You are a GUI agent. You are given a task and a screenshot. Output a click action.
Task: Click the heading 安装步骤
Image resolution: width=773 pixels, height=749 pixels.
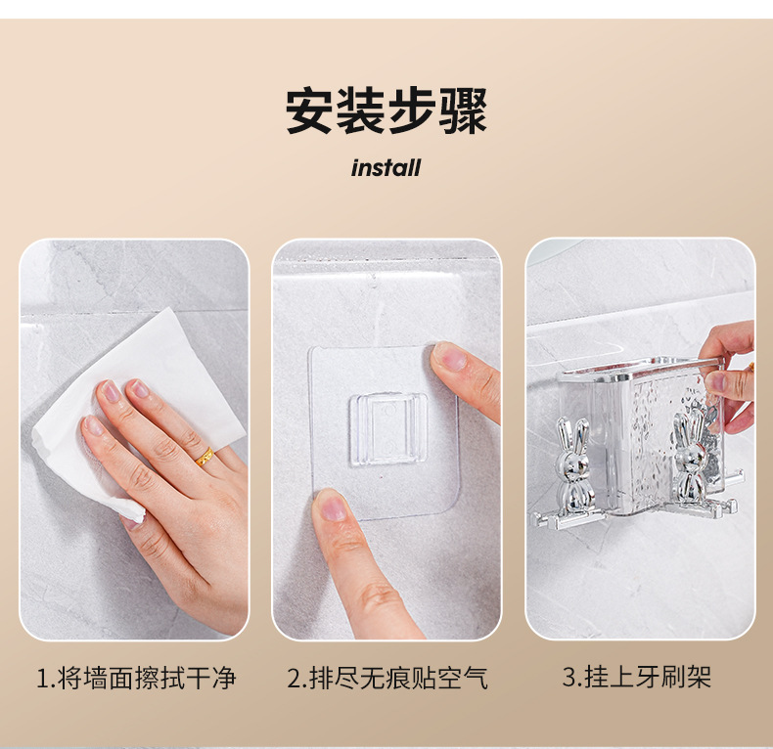click(x=386, y=110)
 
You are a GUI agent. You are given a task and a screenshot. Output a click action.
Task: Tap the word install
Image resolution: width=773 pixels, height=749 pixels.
click(x=386, y=168)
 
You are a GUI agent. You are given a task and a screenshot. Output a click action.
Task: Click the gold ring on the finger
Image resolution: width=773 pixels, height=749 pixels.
click(x=205, y=457)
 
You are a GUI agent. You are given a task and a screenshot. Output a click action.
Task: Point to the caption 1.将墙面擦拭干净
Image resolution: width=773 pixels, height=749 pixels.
click(x=137, y=678)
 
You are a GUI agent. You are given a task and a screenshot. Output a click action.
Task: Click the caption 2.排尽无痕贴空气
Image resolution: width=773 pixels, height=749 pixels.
click(x=387, y=678)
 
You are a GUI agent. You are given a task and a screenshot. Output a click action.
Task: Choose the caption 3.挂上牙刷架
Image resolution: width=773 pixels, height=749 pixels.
click(x=637, y=676)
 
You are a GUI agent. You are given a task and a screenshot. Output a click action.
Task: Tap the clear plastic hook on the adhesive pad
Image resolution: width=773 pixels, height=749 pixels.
click(x=388, y=429)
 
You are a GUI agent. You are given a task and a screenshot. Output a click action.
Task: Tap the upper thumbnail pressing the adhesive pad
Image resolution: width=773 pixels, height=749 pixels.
click(x=449, y=355)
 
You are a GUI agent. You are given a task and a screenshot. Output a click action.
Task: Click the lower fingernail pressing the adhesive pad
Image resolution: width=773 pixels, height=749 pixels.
click(x=332, y=507)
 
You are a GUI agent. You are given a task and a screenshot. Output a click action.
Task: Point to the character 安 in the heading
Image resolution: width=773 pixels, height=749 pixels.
click(x=310, y=110)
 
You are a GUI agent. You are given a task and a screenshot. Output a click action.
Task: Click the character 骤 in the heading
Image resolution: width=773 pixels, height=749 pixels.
click(x=463, y=110)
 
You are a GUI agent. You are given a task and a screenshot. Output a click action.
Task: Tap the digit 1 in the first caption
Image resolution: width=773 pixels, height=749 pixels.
click(x=43, y=678)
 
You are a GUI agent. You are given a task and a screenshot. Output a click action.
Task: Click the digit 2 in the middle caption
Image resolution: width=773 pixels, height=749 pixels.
click(x=294, y=678)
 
